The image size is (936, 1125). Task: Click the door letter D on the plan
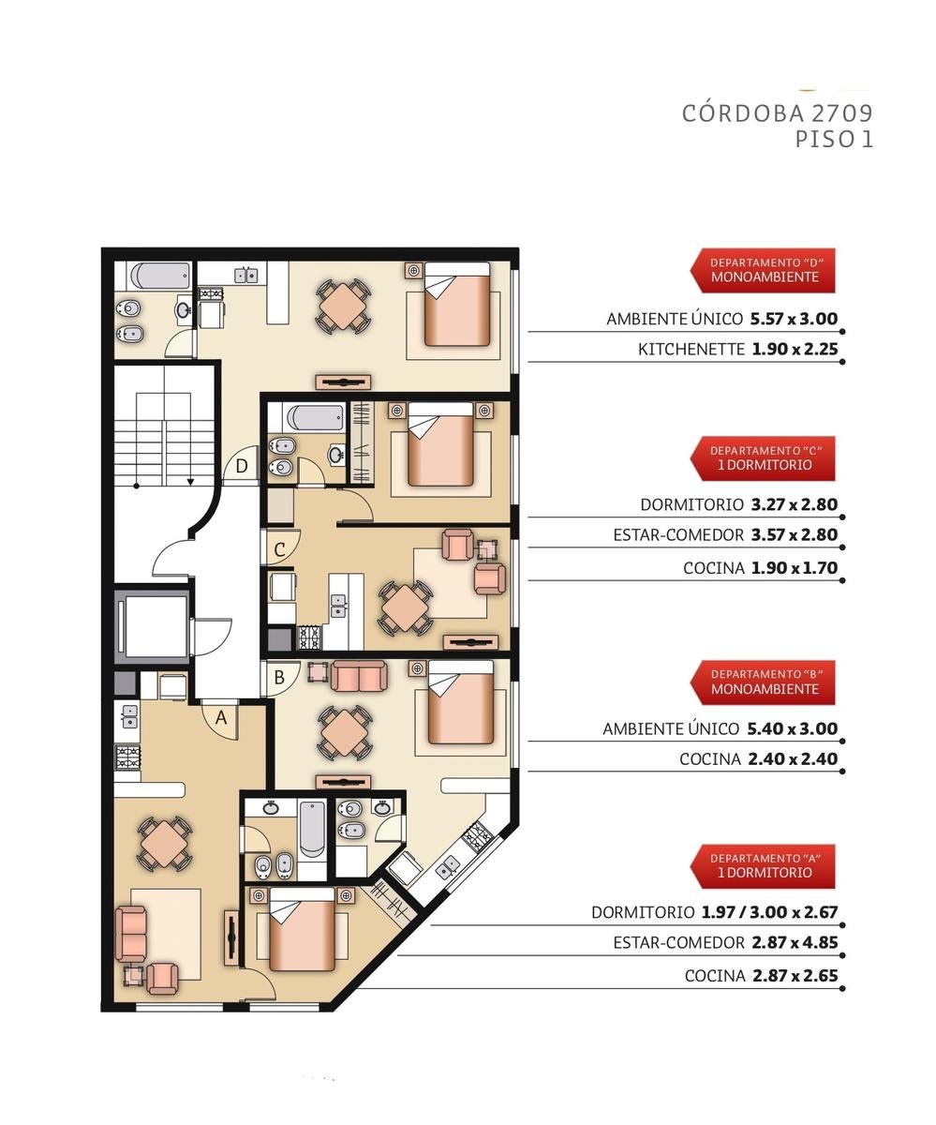pos(242,466)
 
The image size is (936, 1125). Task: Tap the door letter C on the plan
pos(279,549)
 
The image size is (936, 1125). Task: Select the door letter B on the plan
pos(279,677)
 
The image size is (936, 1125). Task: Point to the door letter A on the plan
pos(221,717)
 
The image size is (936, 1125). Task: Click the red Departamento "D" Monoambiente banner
pos(763,271)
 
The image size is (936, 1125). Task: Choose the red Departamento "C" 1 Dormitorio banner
pos(763,458)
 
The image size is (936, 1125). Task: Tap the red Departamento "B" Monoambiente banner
pos(763,682)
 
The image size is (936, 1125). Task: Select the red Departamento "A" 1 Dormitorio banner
pos(763,866)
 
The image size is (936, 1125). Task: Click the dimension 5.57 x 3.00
pos(795,319)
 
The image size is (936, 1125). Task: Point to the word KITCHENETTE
pos(691,349)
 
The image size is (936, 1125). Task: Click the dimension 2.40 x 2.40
pos(793,758)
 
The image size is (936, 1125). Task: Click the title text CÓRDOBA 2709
pos(777,113)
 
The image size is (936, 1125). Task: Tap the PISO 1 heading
pos(834,140)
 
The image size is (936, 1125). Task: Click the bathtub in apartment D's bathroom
pos(160,276)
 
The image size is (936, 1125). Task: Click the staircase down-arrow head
pos(190,482)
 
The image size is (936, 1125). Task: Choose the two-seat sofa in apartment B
pos(358,676)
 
